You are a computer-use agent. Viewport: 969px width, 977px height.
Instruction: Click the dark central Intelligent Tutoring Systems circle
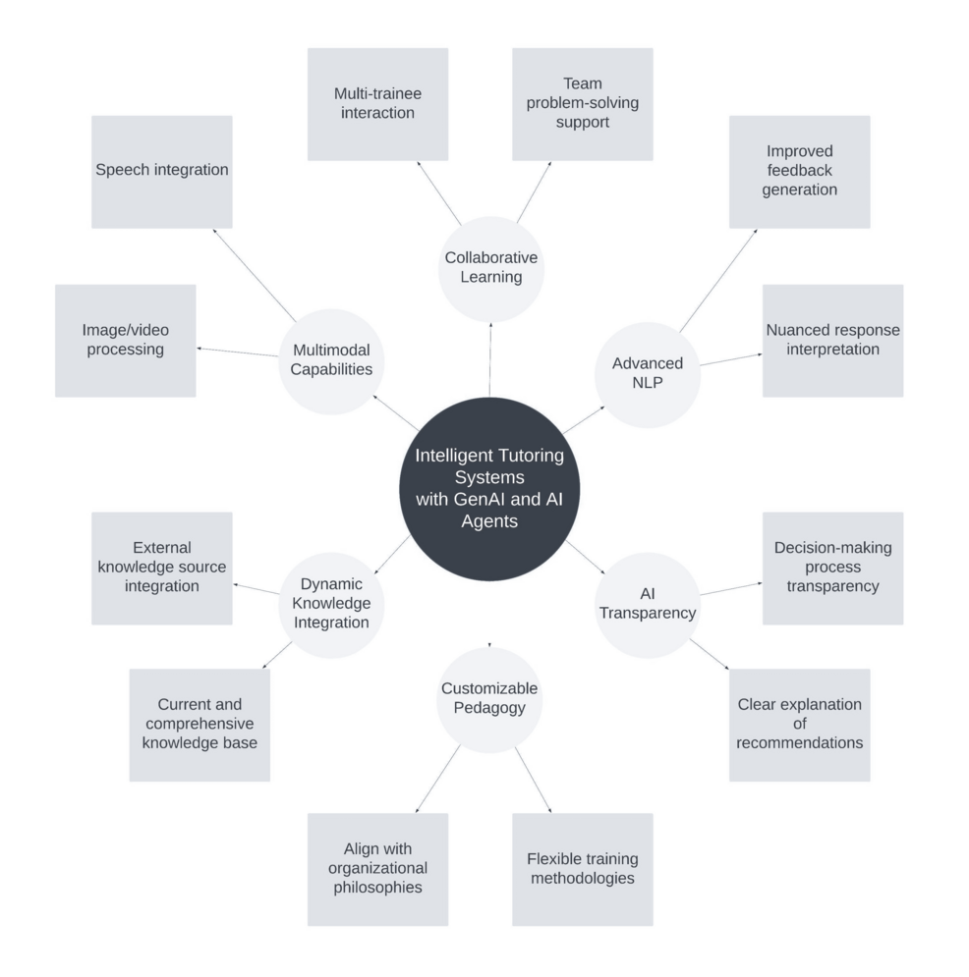click(488, 489)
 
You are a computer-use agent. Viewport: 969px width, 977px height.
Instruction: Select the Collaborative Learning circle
click(489, 268)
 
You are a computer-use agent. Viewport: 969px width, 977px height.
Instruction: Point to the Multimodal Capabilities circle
click(330, 359)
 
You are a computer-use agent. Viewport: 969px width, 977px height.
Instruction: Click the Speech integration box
click(162, 172)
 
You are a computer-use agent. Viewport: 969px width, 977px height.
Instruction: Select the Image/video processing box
click(125, 341)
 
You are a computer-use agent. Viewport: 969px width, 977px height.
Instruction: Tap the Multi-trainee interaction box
click(377, 104)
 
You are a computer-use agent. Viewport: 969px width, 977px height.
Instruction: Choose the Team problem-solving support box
click(582, 104)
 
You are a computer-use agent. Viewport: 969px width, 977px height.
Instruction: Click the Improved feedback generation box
click(799, 172)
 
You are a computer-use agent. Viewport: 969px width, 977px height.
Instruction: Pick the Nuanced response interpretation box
click(832, 341)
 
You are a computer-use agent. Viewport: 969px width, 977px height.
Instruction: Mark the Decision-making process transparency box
click(832, 568)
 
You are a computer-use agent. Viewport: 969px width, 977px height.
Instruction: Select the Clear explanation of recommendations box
click(799, 725)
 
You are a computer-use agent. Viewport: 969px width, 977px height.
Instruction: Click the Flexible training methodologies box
click(582, 869)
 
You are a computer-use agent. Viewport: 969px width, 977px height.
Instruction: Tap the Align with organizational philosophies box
click(377, 869)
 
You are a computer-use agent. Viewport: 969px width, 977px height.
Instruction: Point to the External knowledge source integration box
click(162, 568)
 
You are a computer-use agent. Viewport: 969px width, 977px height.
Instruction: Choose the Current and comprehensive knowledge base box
click(199, 725)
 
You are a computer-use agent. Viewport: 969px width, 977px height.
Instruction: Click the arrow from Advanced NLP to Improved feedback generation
click(718, 281)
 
